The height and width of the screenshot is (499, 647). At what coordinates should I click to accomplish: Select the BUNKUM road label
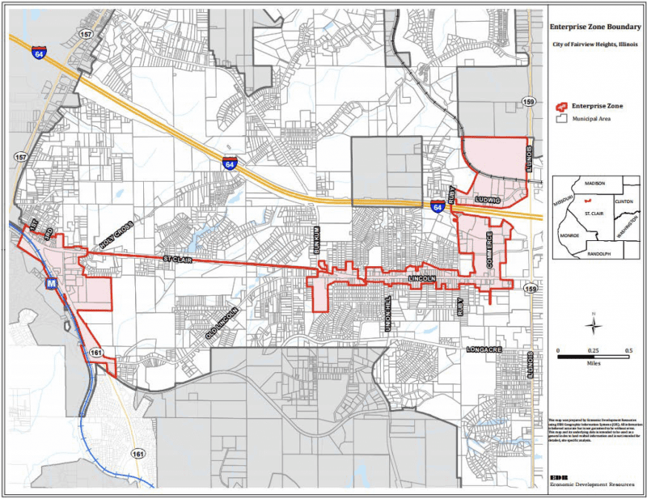pyautogui.click(x=318, y=239)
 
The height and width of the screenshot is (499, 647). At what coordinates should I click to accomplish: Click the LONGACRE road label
pyautogui.click(x=486, y=349)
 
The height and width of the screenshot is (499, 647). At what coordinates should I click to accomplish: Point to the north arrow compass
pyautogui.click(x=594, y=324)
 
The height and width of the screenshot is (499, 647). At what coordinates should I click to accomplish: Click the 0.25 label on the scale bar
pyautogui.click(x=594, y=350)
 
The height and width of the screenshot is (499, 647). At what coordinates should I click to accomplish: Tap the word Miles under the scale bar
pyautogui.click(x=593, y=363)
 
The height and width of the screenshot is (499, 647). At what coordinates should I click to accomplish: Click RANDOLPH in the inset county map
pyautogui.click(x=598, y=253)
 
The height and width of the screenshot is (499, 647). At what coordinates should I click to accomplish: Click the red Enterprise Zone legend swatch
pyautogui.click(x=560, y=106)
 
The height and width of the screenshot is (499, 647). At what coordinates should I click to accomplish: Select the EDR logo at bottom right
pyautogui.click(x=557, y=476)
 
